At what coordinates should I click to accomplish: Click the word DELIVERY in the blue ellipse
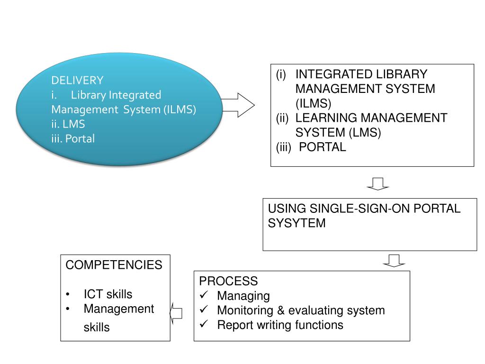pyautogui.click(x=77, y=80)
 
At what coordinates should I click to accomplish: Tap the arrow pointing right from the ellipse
pyautogui.click(x=238, y=104)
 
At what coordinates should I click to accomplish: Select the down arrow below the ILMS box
pyautogui.click(x=377, y=183)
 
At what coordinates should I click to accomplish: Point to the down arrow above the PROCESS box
pyautogui.click(x=394, y=260)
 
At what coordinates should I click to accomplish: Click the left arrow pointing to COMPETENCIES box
pyautogui.click(x=176, y=313)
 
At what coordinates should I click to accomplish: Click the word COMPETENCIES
pyautogui.click(x=114, y=265)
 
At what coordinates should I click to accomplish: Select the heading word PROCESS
pyautogui.click(x=228, y=281)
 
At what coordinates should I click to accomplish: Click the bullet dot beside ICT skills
pyautogui.click(x=69, y=295)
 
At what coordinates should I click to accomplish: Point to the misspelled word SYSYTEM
pyautogui.click(x=297, y=223)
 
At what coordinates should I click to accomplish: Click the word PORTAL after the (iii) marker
pyautogui.click(x=323, y=147)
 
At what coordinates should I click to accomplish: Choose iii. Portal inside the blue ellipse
pyautogui.click(x=73, y=139)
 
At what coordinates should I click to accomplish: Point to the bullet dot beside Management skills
pyautogui.click(x=69, y=309)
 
